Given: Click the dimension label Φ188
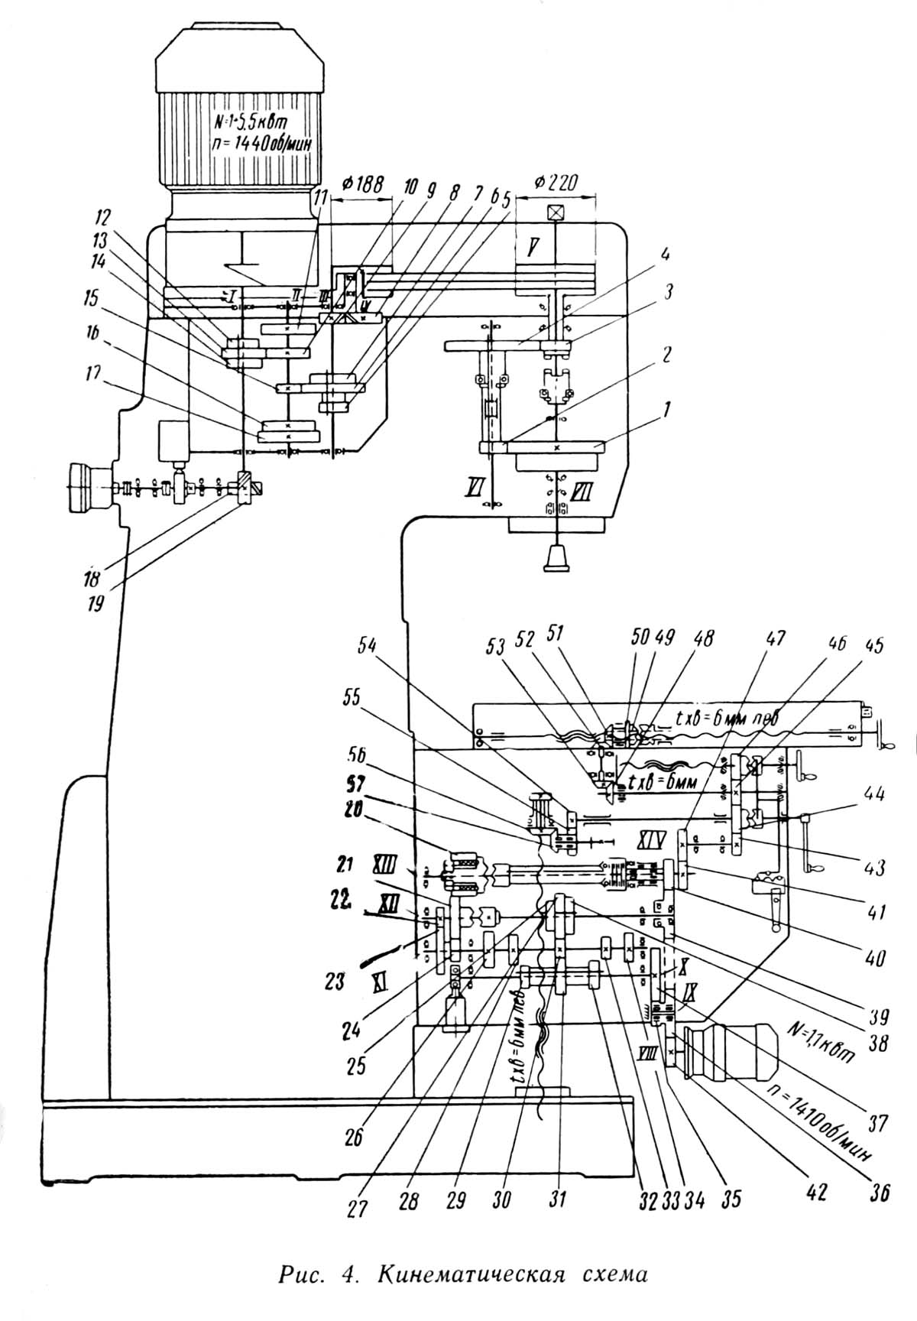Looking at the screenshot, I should click(x=361, y=184).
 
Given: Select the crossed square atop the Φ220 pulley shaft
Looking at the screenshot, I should click(x=556, y=213).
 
